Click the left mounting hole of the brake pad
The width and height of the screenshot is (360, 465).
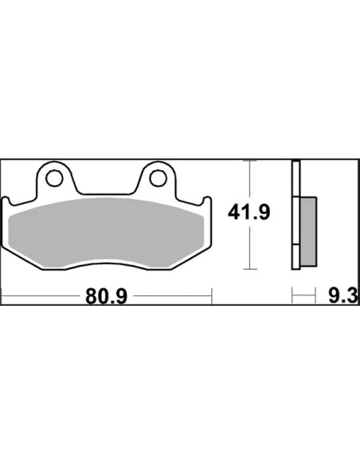click(54, 178)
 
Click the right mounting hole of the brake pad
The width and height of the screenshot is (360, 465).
click(158, 178)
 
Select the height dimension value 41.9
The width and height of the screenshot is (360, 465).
click(249, 213)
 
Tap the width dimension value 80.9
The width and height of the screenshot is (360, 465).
click(107, 296)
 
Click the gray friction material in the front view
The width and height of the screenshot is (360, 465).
click(107, 233)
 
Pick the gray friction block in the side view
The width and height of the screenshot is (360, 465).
click(308, 232)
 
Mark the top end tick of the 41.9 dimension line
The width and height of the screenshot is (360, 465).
click(250, 161)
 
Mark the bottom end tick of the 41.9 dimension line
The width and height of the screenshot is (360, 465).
click(250, 269)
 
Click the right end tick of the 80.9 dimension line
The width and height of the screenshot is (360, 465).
click(212, 295)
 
